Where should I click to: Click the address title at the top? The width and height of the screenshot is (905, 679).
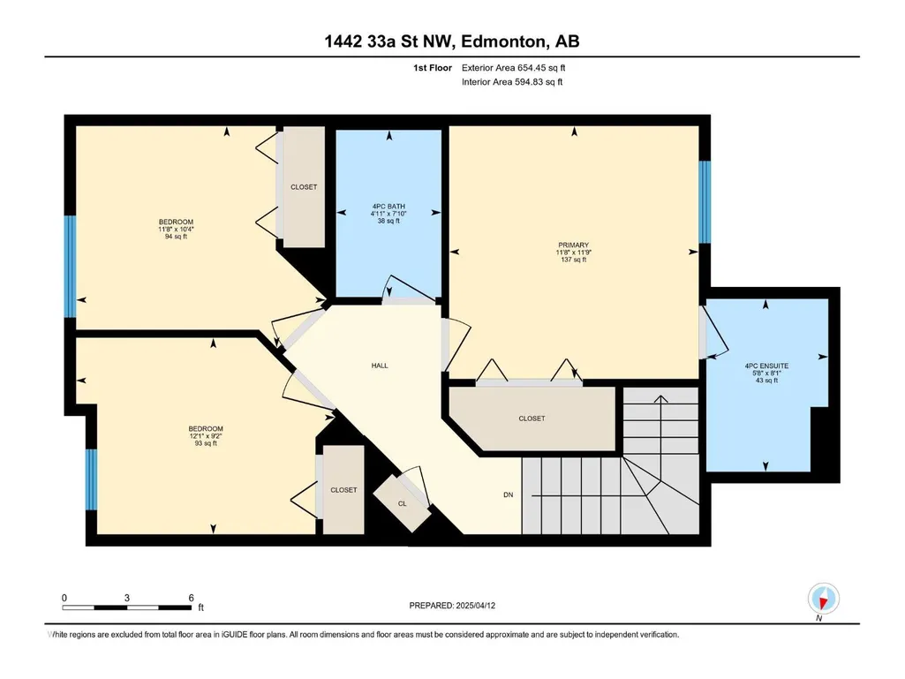(x=452, y=41)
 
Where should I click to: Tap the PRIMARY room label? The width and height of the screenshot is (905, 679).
(x=573, y=245)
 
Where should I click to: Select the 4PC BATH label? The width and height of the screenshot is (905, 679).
(x=388, y=206)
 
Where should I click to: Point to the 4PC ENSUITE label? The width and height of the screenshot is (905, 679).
(x=766, y=366)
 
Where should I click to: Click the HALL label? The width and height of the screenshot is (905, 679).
(x=380, y=366)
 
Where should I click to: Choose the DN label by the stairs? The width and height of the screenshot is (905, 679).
(x=508, y=494)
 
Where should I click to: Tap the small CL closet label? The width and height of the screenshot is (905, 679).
(x=403, y=503)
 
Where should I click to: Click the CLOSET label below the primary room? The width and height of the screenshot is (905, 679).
(x=532, y=418)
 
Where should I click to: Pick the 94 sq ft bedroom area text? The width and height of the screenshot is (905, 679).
(x=176, y=236)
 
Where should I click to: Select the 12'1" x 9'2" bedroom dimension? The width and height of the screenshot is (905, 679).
(x=206, y=436)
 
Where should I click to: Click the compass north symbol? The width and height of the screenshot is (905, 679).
(x=824, y=599)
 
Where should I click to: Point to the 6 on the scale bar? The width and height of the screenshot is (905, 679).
(x=191, y=598)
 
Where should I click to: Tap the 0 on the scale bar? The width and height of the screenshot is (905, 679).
(x=64, y=598)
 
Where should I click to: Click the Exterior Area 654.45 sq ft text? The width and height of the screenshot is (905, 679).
(x=513, y=68)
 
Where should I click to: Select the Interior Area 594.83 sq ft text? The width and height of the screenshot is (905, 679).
(x=512, y=82)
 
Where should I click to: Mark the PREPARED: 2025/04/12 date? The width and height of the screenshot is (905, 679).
(x=452, y=606)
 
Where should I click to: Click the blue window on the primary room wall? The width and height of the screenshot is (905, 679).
(x=705, y=201)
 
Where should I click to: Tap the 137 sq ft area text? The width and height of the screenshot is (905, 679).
(x=573, y=260)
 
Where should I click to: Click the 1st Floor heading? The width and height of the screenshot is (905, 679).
(x=433, y=68)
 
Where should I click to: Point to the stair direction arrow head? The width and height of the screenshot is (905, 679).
(x=660, y=398)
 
